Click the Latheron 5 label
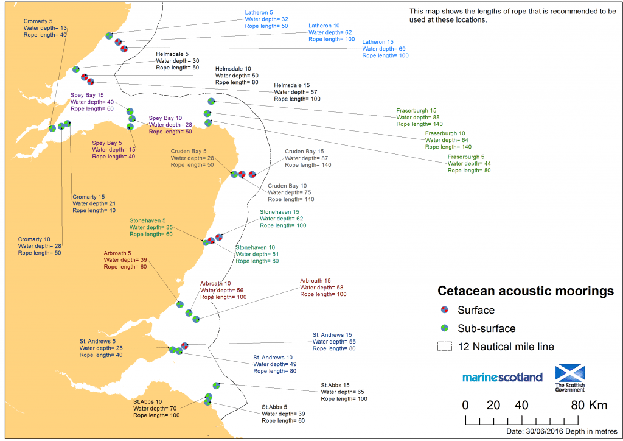click(x=259, y=12)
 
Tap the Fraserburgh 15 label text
click(x=416, y=111)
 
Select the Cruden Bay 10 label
click(x=287, y=186)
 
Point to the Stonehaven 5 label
click(x=147, y=220)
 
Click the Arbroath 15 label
click(x=315, y=281)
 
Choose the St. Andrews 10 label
click(x=273, y=357)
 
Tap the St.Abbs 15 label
click(x=335, y=386)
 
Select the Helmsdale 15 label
click(x=292, y=85)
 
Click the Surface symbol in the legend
click(x=445, y=310)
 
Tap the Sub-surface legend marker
click(x=445, y=328)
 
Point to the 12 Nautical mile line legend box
click(x=445, y=347)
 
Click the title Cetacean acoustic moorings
click(x=526, y=292)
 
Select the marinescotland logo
click(x=502, y=377)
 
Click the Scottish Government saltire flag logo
click(x=569, y=373)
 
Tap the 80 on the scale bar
click(x=577, y=405)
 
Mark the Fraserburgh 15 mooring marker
click(x=211, y=101)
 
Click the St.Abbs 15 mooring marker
click(x=217, y=386)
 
